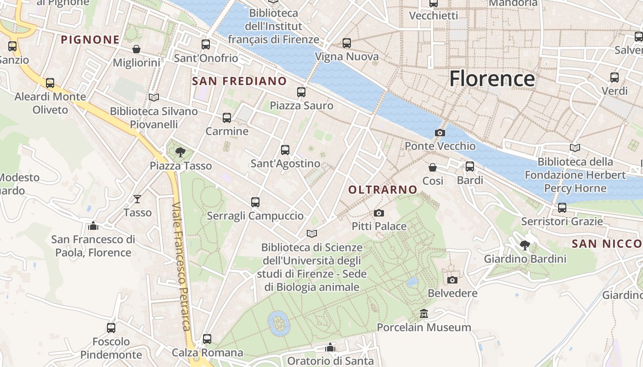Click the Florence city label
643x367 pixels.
(492, 79)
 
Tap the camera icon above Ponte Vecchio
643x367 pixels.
(440, 133)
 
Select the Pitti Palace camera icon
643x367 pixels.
(379, 213)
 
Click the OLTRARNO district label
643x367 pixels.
(383, 189)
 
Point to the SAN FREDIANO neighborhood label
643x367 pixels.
(239, 81)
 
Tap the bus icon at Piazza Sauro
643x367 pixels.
(301, 92)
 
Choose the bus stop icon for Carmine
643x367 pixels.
(227, 118)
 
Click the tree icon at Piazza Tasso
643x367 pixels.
(180, 152)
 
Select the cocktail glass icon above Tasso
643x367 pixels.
(137, 199)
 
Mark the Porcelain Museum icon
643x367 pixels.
(424, 314)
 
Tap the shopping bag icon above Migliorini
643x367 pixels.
(136, 49)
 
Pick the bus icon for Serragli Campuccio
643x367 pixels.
(255, 202)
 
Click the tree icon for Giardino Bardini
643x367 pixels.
(525, 245)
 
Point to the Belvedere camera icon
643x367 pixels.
(452, 280)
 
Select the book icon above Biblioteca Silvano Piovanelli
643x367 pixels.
(154, 98)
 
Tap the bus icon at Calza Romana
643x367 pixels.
(207, 339)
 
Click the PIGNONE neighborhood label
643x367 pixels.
(90, 40)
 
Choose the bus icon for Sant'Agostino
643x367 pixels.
(285, 150)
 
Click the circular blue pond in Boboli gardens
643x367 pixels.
(279, 323)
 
